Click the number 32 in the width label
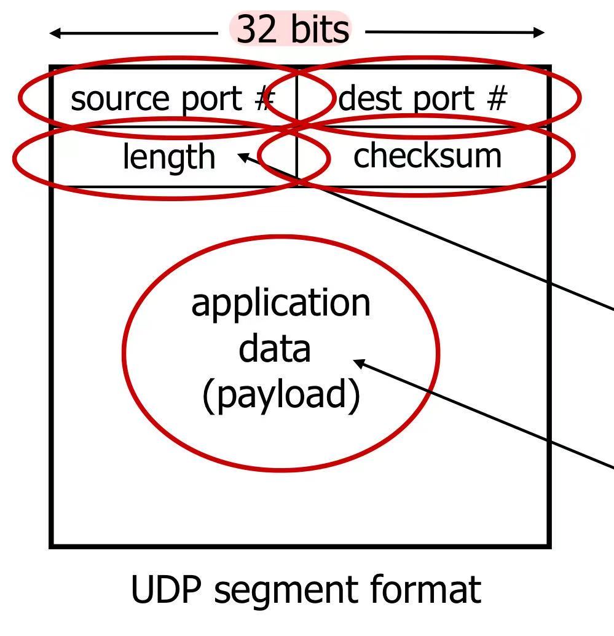click(256, 30)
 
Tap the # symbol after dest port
click(495, 98)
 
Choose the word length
click(169, 157)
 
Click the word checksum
click(427, 156)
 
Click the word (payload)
click(281, 394)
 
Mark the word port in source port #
click(216, 100)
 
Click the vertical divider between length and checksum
click(297, 157)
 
